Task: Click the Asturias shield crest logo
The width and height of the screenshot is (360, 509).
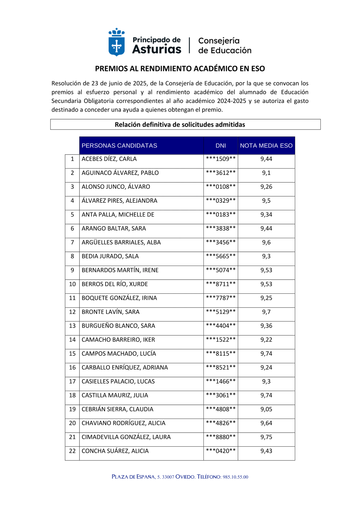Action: [117, 42]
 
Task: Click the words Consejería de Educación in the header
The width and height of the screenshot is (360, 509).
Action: [225, 46]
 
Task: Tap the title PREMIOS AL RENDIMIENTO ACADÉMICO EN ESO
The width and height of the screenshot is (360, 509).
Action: [180, 68]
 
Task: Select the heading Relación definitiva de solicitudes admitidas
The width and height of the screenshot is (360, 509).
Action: [180, 125]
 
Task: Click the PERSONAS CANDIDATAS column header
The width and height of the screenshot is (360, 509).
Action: [119, 145]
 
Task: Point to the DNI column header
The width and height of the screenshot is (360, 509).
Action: [221, 145]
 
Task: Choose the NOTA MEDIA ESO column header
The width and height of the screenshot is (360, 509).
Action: [266, 145]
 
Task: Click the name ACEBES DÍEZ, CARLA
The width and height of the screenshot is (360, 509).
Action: [109, 159]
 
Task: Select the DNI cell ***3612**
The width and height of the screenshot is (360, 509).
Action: [221, 173]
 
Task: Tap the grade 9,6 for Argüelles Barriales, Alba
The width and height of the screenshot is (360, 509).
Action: [266, 243]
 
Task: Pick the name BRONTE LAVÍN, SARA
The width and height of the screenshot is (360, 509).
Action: [111, 312]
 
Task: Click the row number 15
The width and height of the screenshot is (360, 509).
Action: [72, 354]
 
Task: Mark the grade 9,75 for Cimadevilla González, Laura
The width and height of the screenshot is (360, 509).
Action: [266, 437]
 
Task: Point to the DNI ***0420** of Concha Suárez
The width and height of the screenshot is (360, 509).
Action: [221, 451]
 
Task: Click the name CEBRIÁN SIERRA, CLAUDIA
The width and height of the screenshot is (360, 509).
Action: [117, 409]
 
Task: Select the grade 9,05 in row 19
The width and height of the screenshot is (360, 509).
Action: [266, 409]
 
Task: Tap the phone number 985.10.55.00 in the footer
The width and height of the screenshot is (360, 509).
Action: [235, 477]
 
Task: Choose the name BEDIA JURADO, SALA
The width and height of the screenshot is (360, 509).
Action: [110, 256]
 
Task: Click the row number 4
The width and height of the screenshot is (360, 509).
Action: [72, 201]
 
